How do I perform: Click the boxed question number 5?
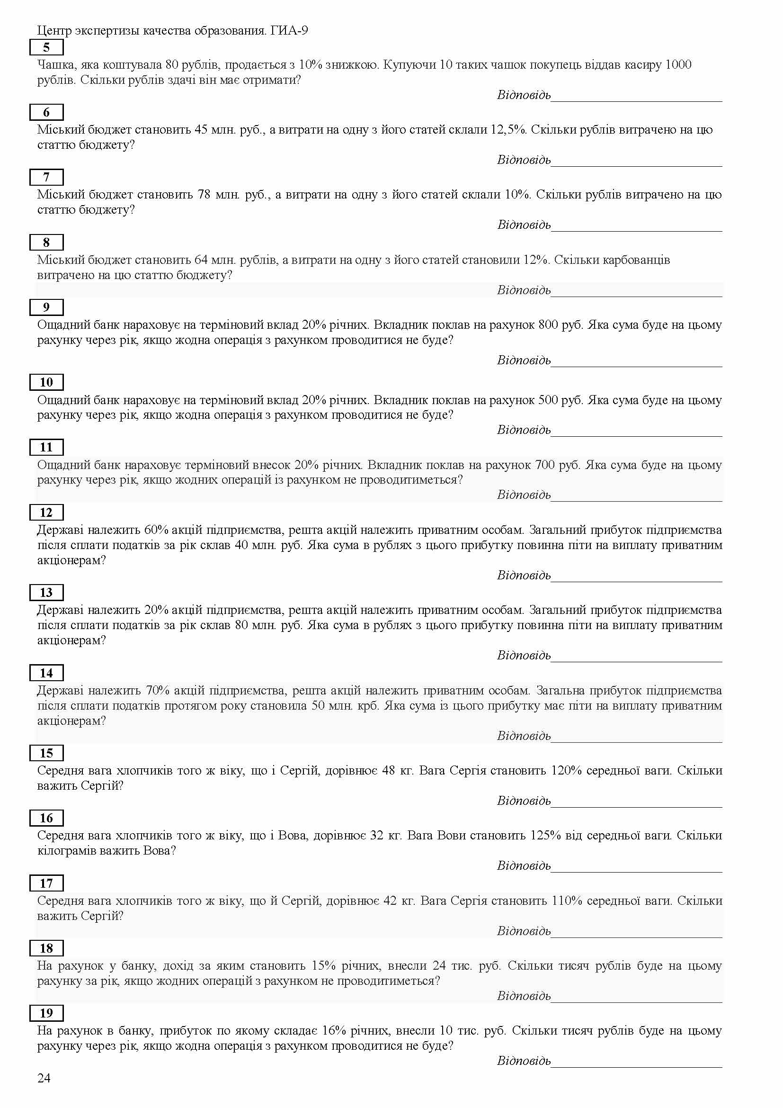tap(46, 47)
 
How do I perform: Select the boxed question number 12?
tap(46, 512)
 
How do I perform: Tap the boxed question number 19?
tap(46, 1013)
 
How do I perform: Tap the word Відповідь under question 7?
tap(524, 225)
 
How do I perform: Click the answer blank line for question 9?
tap(636, 366)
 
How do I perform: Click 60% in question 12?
tap(156, 530)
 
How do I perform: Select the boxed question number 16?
tap(46, 818)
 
